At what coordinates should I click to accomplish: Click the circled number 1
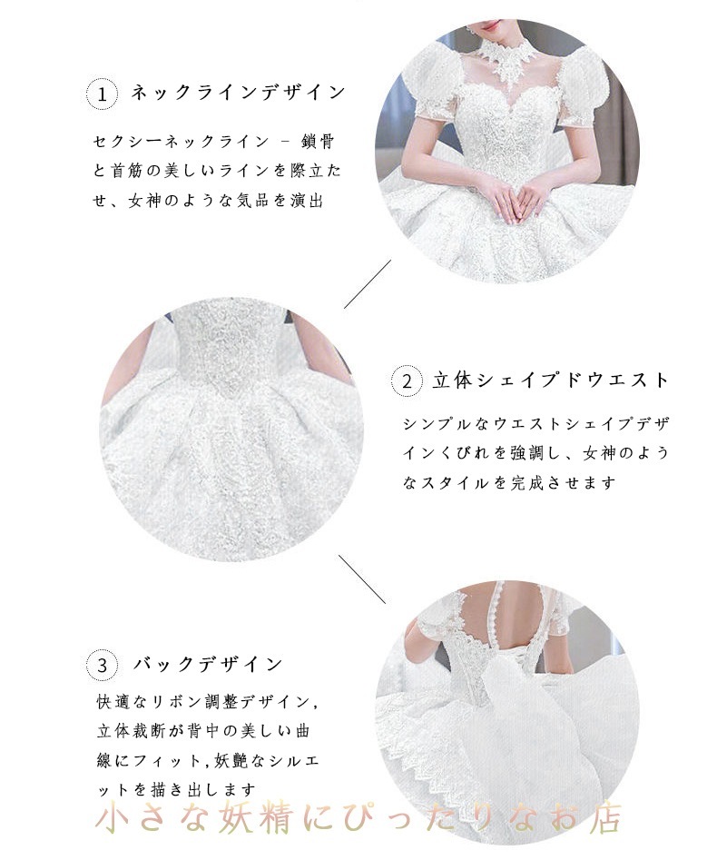(103, 94)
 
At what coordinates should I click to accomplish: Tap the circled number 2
(408, 381)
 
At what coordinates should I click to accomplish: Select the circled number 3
(103, 666)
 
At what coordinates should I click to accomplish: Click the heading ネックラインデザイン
(239, 93)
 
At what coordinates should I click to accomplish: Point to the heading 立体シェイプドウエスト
(551, 381)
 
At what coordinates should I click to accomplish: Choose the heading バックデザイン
(209, 665)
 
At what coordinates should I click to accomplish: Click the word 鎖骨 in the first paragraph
(327, 142)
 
